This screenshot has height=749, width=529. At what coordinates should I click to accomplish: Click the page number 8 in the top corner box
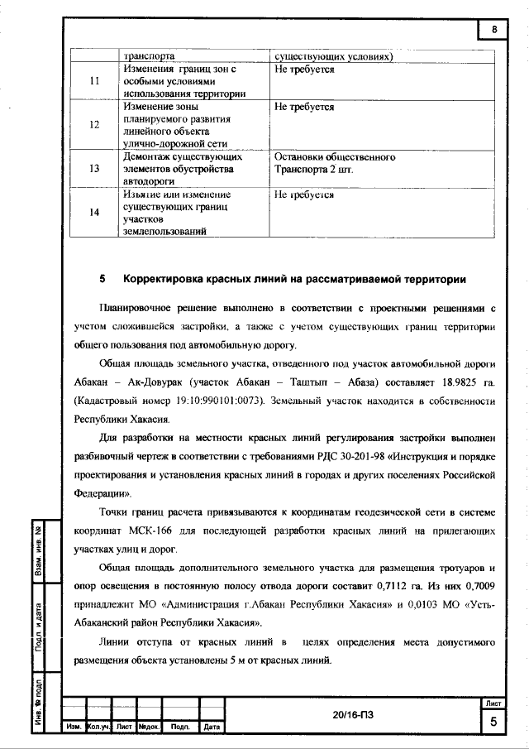[x=494, y=31]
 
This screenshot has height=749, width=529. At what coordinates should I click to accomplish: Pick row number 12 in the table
[x=94, y=124]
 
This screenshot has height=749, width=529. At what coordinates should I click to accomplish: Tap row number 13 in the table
[x=94, y=169]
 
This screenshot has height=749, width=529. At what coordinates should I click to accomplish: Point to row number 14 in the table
[x=94, y=213]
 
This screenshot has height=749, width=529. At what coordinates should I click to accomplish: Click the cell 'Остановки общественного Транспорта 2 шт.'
[x=335, y=162]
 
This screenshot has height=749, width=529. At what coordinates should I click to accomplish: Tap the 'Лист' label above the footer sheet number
[x=494, y=703]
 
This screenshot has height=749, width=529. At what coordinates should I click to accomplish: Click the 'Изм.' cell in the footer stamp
[x=73, y=727]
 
